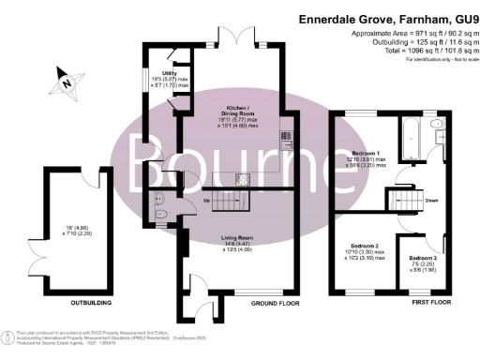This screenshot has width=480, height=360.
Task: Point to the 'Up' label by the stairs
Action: [204, 202]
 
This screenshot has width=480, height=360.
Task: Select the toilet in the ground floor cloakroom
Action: [157, 199]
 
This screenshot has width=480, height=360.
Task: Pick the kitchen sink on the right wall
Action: [288, 141]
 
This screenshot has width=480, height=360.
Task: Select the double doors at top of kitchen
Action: [241, 42]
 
